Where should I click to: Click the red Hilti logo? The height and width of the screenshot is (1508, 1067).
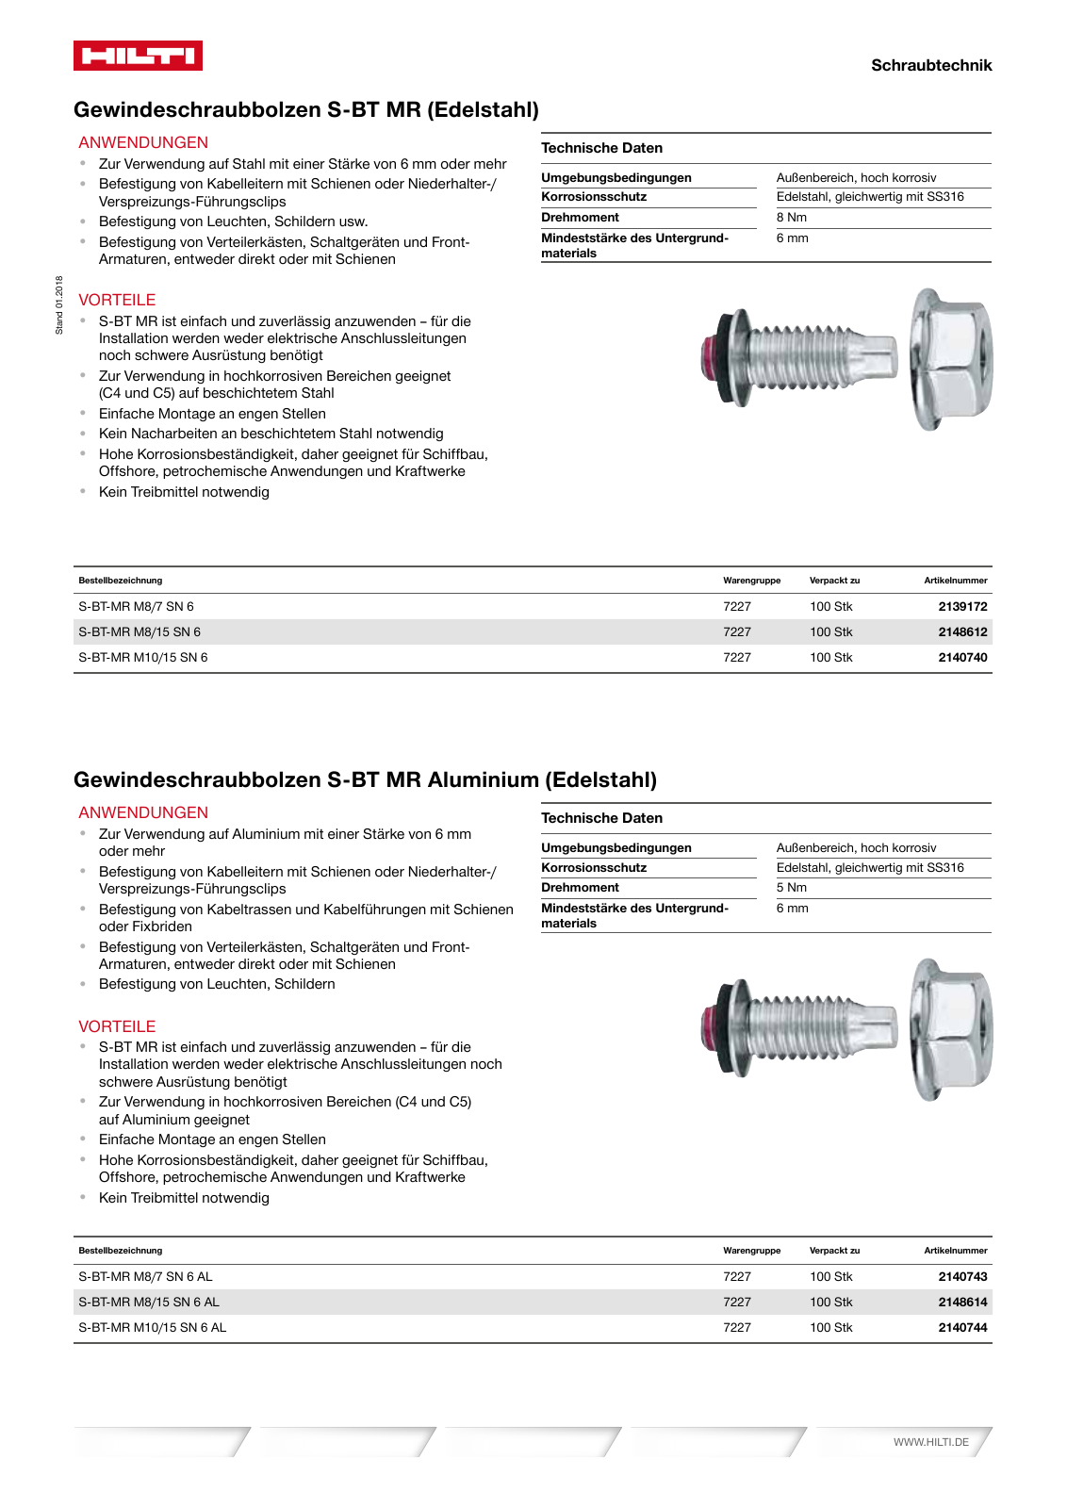coord(138,56)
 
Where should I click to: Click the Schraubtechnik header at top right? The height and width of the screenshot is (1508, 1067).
coord(930,65)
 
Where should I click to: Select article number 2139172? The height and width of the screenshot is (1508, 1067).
coord(962,606)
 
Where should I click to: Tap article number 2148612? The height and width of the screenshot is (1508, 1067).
coord(962,631)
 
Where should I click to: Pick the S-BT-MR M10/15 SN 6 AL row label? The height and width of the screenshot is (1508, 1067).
coord(152,1327)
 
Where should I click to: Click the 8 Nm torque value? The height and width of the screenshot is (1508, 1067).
coord(791,217)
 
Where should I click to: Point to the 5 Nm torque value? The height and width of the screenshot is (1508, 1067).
coord(791,887)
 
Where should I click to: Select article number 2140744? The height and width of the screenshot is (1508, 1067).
coord(962,1327)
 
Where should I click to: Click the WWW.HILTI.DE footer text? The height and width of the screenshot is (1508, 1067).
coord(930,1442)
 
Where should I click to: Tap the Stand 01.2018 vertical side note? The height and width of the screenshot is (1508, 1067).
coord(59,304)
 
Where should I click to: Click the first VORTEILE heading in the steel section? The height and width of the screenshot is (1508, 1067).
coord(117,300)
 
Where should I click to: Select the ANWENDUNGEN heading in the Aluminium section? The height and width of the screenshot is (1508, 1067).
coord(143,812)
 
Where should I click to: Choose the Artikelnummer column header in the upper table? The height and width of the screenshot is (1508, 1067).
coord(955,581)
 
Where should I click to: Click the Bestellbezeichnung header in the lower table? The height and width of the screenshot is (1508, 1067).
coord(121,1251)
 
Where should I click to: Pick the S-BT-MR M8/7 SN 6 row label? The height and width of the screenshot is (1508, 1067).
coord(136,606)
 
